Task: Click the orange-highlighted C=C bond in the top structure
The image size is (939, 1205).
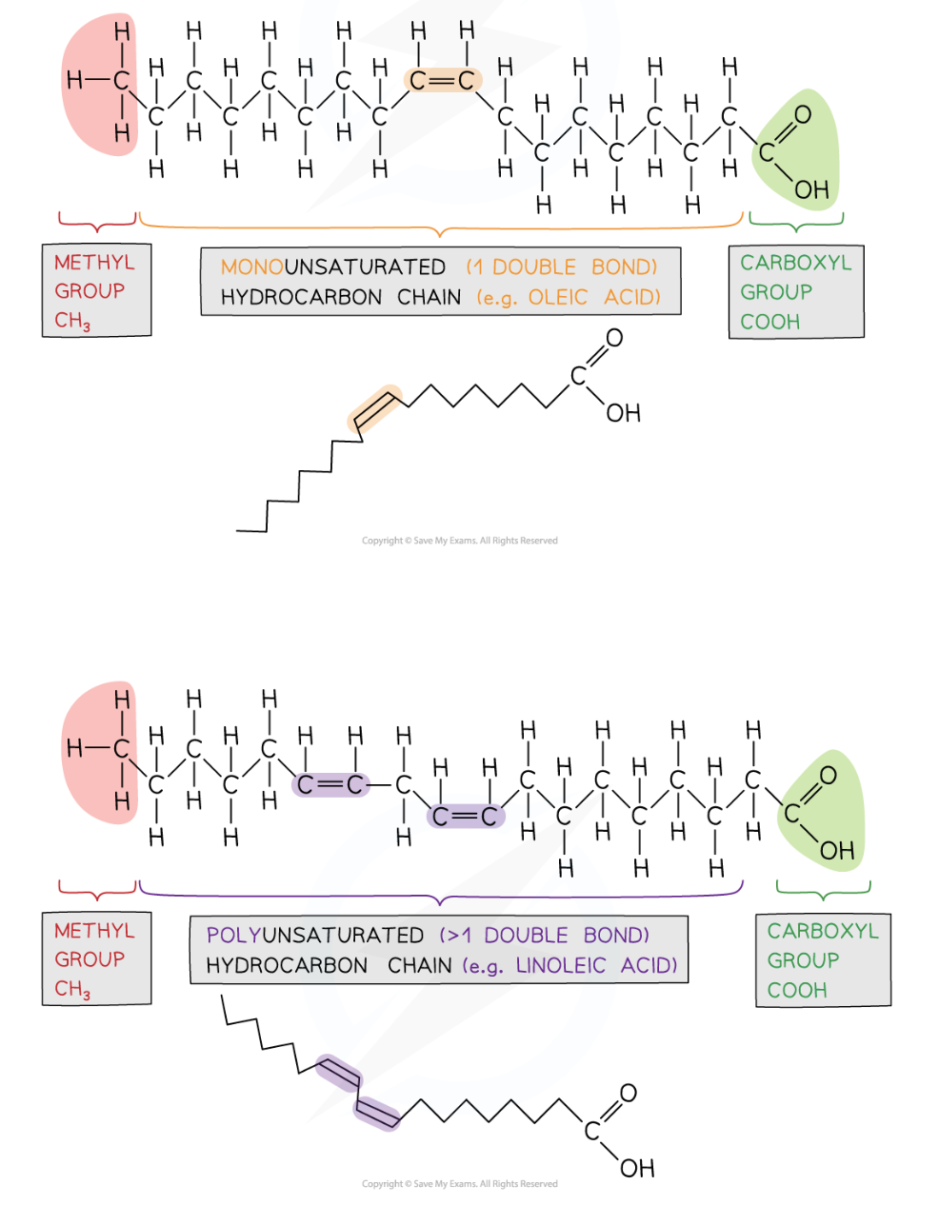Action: point(442,81)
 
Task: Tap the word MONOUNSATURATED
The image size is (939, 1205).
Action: point(332,267)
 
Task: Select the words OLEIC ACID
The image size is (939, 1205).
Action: point(594,298)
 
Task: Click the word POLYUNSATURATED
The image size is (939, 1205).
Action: point(314,936)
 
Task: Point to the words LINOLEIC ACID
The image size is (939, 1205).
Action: point(596,966)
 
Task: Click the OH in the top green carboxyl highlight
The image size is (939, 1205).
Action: point(811,190)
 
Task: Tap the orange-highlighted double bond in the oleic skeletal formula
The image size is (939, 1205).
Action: point(375,408)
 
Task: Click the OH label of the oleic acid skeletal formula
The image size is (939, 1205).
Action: point(624,413)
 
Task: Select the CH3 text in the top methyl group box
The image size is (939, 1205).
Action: point(72,321)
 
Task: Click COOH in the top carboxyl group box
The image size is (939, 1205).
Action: point(770,322)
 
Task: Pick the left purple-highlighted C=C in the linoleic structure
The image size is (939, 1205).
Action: point(330,785)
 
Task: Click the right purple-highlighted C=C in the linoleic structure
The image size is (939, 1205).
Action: point(465,817)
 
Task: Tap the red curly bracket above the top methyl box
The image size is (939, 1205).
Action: point(97,224)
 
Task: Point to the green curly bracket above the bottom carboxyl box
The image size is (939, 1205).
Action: point(823,892)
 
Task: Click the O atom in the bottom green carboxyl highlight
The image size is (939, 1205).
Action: point(828,776)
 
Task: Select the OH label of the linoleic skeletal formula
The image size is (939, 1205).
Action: point(637,1168)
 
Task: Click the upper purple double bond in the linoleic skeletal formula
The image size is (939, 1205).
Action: point(338,1074)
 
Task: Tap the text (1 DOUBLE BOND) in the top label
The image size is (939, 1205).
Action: point(562,267)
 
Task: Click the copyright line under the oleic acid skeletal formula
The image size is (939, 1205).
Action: point(460,541)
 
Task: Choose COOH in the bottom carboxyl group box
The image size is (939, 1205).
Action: point(797,991)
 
